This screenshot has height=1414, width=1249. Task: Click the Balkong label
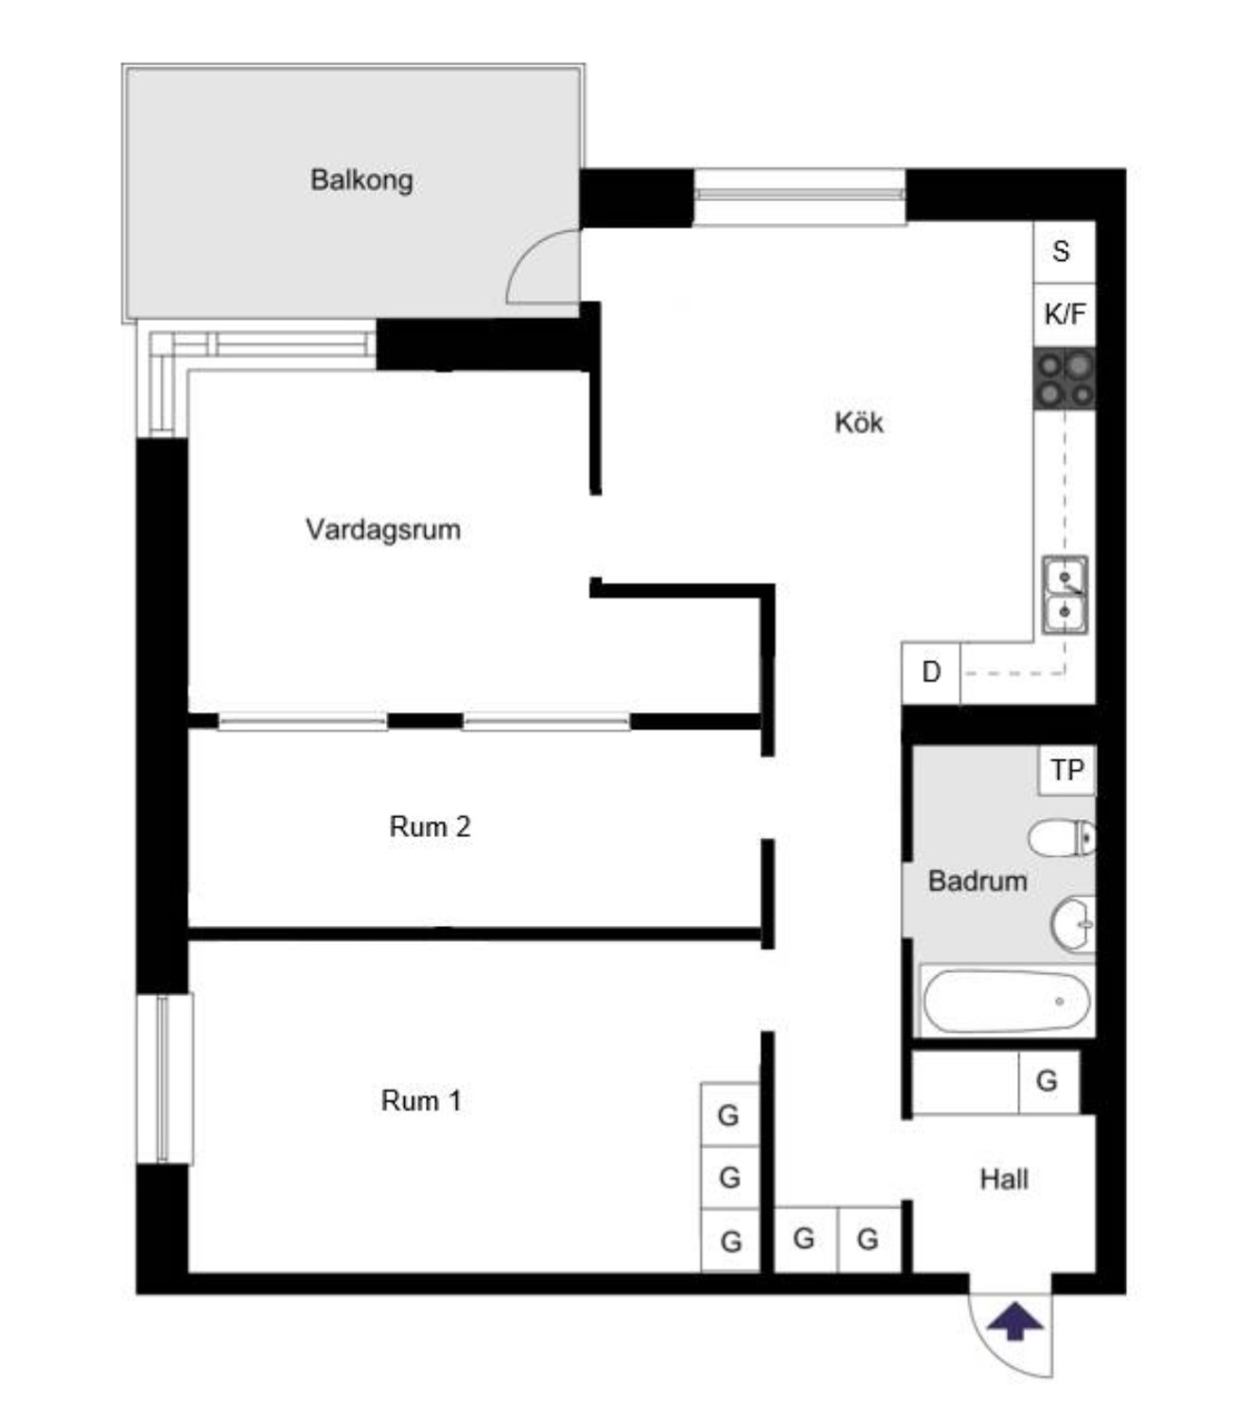(361, 180)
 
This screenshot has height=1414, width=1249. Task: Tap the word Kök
(859, 422)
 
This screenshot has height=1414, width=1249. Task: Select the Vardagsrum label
(383, 529)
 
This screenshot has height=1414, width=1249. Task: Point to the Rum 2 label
(431, 827)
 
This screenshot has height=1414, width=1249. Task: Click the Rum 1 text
(421, 1101)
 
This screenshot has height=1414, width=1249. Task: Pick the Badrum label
(977, 881)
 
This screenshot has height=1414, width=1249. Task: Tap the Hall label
(1004, 1179)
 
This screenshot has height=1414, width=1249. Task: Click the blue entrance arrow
(1015, 1322)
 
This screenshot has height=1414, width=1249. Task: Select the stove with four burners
(1064, 379)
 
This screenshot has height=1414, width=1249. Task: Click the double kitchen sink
(1064, 595)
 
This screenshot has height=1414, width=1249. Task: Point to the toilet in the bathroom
(1062, 837)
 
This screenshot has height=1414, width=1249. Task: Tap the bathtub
(1006, 1001)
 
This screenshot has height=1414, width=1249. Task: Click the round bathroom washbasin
(1072, 924)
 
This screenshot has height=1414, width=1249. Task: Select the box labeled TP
(1066, 771)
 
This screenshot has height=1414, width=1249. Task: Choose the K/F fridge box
(1064, 315)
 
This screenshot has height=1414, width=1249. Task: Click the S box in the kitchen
(1064, 252)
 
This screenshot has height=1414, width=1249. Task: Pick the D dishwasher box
(931, 672)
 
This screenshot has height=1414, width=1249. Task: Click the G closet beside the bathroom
(1048, 1082)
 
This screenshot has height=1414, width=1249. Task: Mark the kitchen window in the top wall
(800, 197)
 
